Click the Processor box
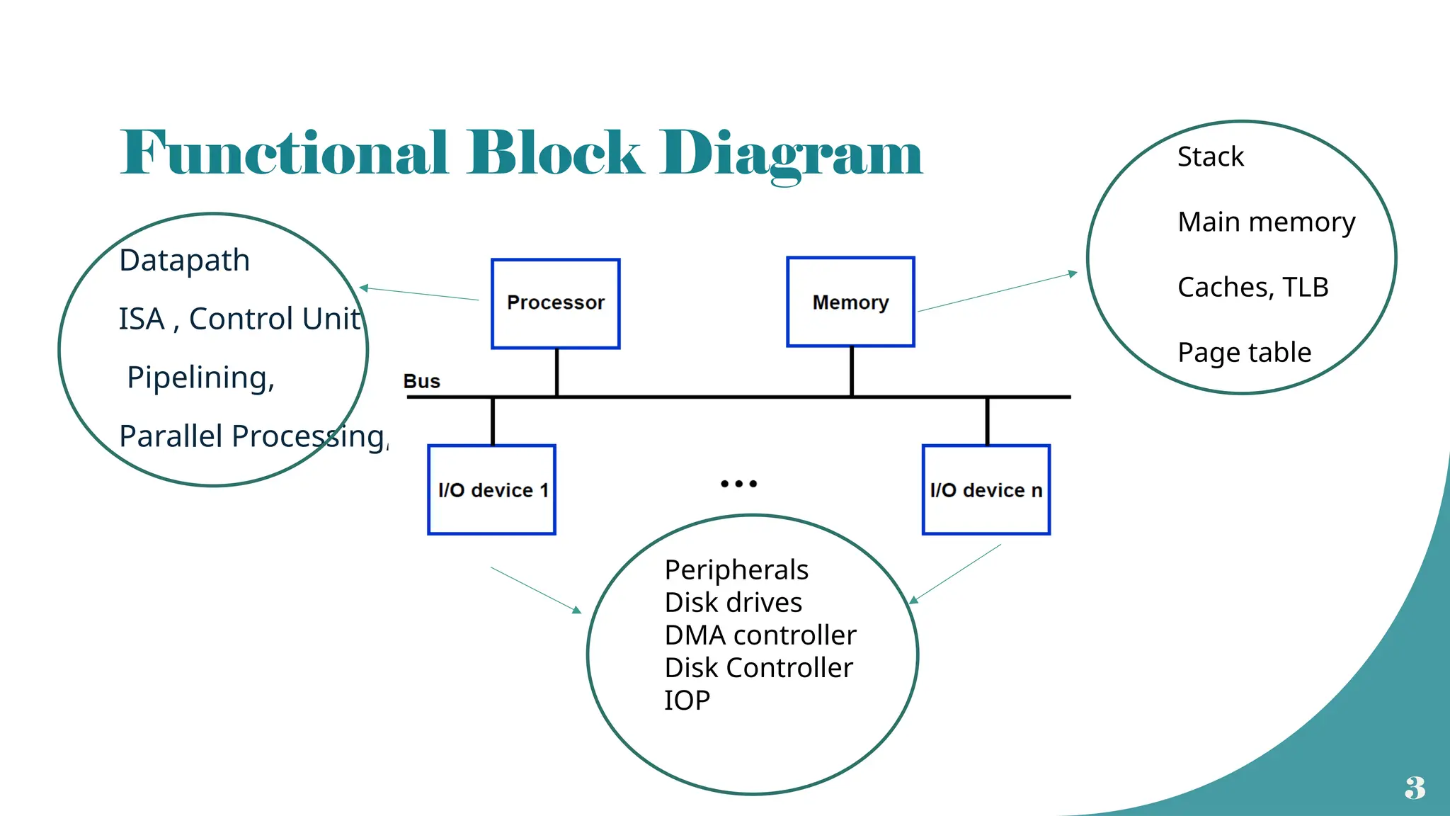coord(556,303)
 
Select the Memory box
coord(850,302)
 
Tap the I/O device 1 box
coord(492,489)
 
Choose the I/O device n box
coord(986,489)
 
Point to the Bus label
coord(421,381)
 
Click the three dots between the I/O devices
coord(738,484)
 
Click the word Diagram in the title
coord(791,153)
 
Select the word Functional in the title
coord(284,153)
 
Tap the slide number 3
coord(1415,788)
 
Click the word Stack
coord(1210,157)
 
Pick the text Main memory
coord(1266,222)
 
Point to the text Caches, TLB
coord(1252,288)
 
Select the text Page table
coord(1244,353)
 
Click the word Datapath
coord(184,261)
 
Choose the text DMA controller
coord(760,635)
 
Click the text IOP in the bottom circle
coord(687,701)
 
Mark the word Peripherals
coord(736,570)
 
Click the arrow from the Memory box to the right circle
coord(997,293)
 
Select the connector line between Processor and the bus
coord(557,372)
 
